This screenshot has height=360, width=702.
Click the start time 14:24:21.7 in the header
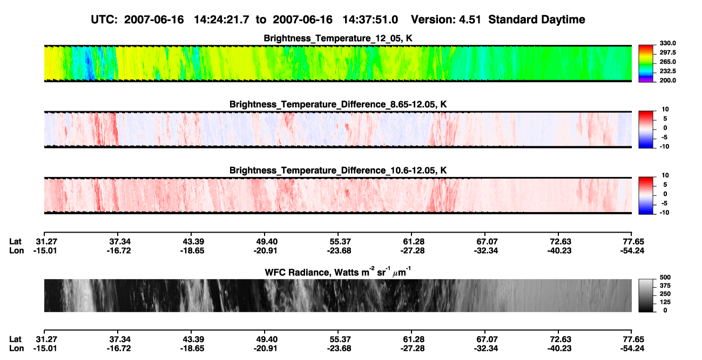(221, 20)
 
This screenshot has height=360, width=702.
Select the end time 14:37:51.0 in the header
(370, 20)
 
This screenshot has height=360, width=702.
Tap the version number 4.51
(469, 20)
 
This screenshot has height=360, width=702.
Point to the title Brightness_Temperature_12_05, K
(338, 38)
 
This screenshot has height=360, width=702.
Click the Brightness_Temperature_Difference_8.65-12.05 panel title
(338, 104)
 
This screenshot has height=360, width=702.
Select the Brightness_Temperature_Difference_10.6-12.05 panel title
(338, 171)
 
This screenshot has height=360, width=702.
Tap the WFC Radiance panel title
(338, 272)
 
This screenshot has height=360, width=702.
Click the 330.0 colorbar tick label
(667, 43)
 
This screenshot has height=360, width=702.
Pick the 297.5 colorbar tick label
(667, 53)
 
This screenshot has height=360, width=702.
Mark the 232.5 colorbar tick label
(667, 71)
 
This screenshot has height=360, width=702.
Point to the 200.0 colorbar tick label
(667, 80)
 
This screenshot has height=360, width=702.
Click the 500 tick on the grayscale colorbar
(665, 277)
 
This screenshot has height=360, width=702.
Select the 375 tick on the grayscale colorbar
(665, 286)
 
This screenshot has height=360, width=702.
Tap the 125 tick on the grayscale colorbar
(665, 302)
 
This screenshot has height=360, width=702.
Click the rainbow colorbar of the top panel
(646, 64)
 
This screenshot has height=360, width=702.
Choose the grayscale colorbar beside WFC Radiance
(646, 295)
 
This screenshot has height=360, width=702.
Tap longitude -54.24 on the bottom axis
(632, 349)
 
